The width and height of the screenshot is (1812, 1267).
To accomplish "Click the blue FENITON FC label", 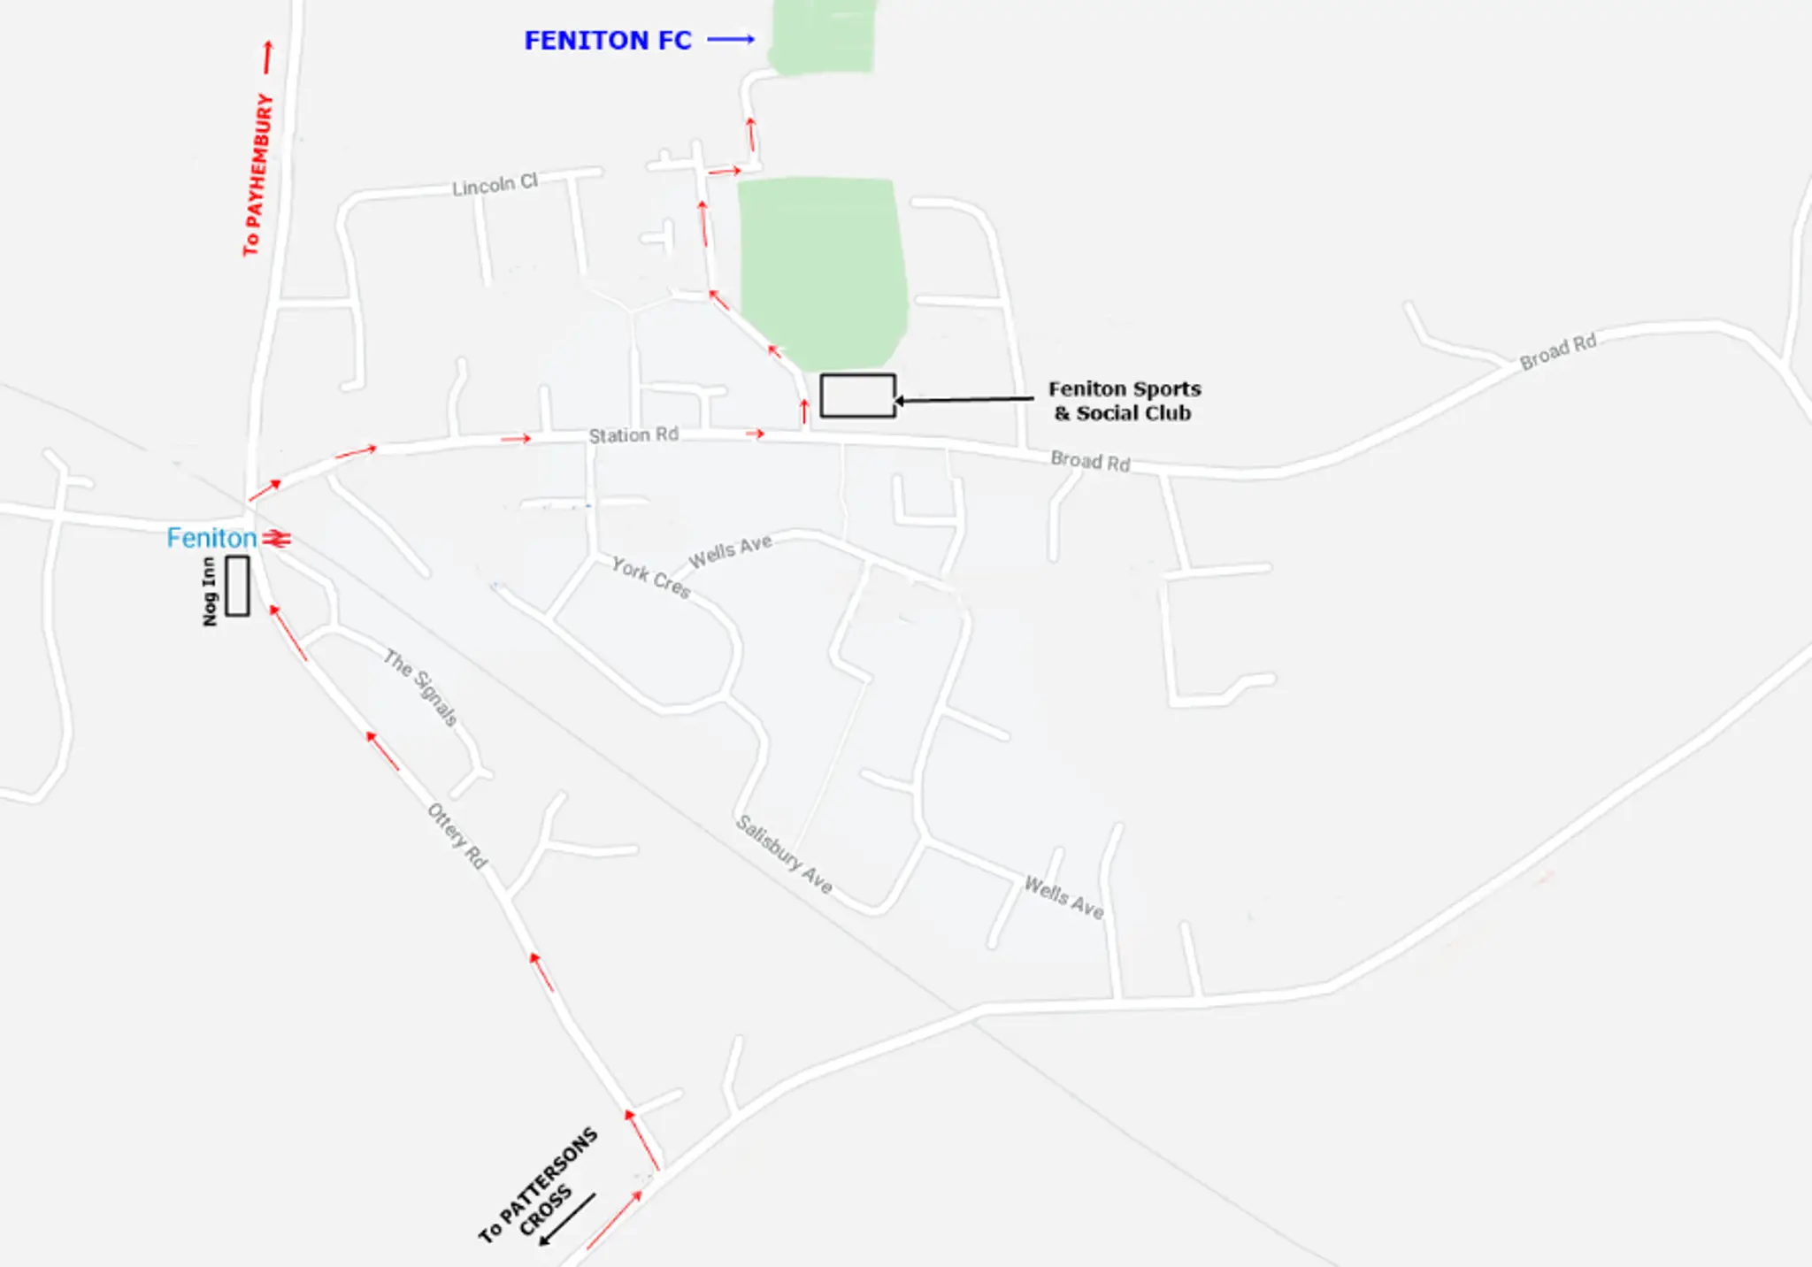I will tap(607, 41).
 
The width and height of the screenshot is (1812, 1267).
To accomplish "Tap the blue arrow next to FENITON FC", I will tap(731, 39).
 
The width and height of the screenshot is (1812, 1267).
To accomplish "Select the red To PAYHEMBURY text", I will tap(257, 174).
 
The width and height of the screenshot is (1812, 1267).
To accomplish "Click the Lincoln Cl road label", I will tap(495, 185).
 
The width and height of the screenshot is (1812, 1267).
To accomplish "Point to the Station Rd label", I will tap(633, 435).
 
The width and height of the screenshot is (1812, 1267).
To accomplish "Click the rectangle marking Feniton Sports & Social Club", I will tap(857, 395).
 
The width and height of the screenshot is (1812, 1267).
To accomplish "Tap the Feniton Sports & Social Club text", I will tap(1124, 401).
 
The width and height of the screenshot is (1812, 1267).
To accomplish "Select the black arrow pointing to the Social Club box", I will tap(964, 400).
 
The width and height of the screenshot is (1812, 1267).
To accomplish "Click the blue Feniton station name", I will tap(211, 538).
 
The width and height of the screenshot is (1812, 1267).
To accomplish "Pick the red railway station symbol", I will tap(277, 538).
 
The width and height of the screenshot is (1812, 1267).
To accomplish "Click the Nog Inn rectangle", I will tap(237, 586).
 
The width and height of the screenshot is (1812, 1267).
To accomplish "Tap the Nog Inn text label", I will tap(210, 591).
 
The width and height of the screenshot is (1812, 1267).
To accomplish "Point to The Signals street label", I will tap(421, 687).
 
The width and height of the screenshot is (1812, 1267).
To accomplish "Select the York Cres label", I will tap(650, 578).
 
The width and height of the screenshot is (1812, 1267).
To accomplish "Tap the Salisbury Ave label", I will tap(785, 855).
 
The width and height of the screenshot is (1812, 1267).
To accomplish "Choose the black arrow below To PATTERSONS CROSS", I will tap(567, 1219).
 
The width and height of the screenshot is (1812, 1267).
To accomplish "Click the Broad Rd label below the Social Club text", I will tap(1090, 461).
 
